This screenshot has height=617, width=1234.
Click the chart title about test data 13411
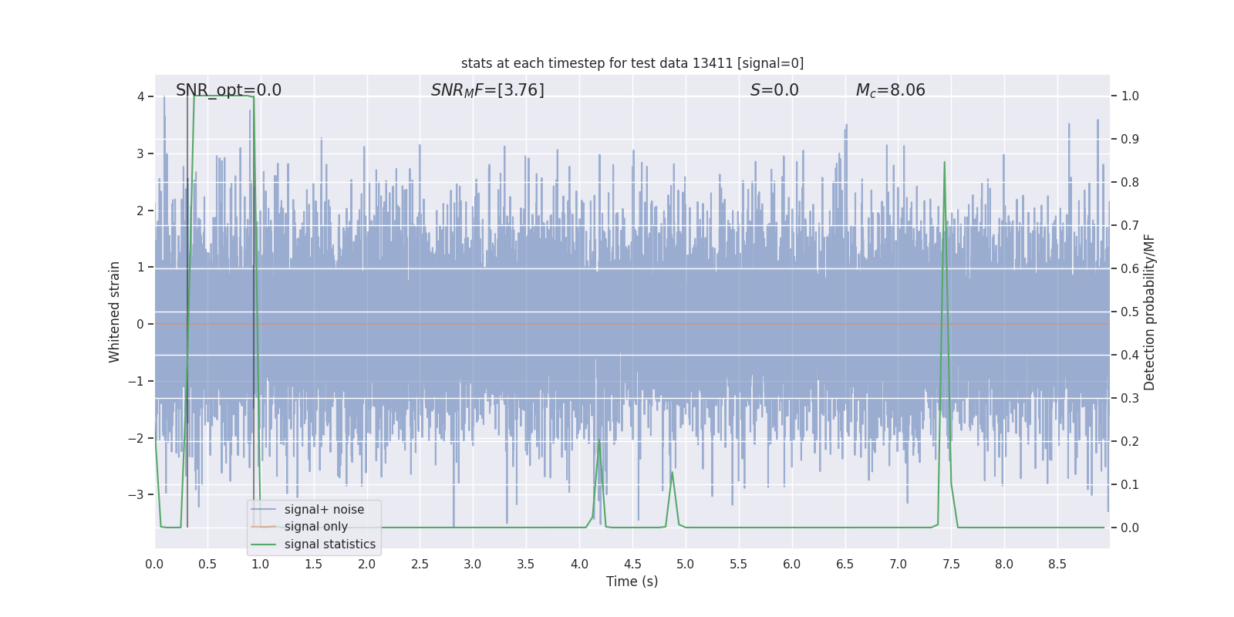pyautogui.click(x=632, y=63)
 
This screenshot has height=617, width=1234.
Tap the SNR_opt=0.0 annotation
pyautogui.click(x=228, y=90)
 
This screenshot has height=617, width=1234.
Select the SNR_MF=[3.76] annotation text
pyautogui.click(x=487, y=90)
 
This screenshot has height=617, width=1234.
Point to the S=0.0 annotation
pyautogui.click(x=774, y=90)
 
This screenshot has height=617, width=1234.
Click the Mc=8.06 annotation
pyautogui.click(x=890, y=90)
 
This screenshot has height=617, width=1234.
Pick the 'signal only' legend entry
pyautogui.click(x=315, y=527)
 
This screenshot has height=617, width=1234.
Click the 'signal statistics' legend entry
pyautogui.click(x=329, y=545)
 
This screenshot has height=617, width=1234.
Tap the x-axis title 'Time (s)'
pyautogui.click(x=632, y=582)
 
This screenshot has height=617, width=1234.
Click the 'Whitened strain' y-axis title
pyautogui.click(x=115, y=312)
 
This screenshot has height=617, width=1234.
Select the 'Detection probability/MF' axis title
pyautogui.click(x=1149, y=312)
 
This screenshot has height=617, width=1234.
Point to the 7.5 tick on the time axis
pyautogui.click(x=951, y=564)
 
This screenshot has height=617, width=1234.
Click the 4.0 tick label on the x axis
pyautogui.click(x=579, y=564)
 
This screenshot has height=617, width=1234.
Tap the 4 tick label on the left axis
pyautogui.click(x=141, y=96)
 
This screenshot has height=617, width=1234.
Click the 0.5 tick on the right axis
pyautogui.click(x=1130, y=312)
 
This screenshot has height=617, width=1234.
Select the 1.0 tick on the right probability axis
pyautogui.click(x=1130, y=96)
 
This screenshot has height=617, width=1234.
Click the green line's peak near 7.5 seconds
pyautogui.click(x=944, y=162)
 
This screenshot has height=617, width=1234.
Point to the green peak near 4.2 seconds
pyautogui.click(x=599, y=440)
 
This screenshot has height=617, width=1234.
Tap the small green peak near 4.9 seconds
pyautogui.click(x=672, y=472)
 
